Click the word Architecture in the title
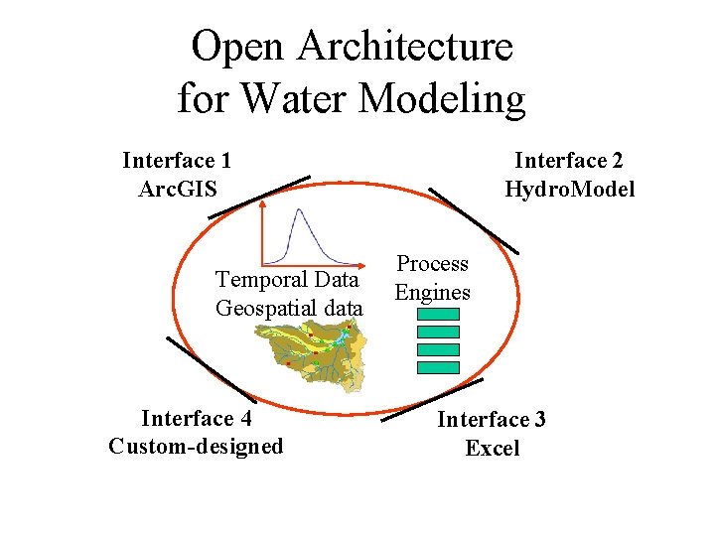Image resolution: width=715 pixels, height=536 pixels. tap(404, 47)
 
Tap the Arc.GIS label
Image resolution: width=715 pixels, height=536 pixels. tap(177, 188)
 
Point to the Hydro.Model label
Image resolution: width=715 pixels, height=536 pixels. tap(569, 189)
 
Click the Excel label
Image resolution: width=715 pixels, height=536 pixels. tap(492, 448)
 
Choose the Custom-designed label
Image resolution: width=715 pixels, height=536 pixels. tap(196, 446)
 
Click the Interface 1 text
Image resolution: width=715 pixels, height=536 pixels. tap(177, 160)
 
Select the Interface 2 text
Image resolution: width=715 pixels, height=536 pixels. tap(569, 160)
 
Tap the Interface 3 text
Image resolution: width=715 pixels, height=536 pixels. tap(492, 419)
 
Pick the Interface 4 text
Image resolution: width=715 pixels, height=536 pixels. tap(196, 418)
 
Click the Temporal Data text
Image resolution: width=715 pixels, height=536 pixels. tap(288, 279)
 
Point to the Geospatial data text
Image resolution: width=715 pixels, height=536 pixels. tap(289, 308)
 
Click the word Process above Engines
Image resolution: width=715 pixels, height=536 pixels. tap(432, 264)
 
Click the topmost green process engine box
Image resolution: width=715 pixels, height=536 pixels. tap(438, 314)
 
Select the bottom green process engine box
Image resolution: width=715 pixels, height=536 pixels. tap(438, 367)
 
